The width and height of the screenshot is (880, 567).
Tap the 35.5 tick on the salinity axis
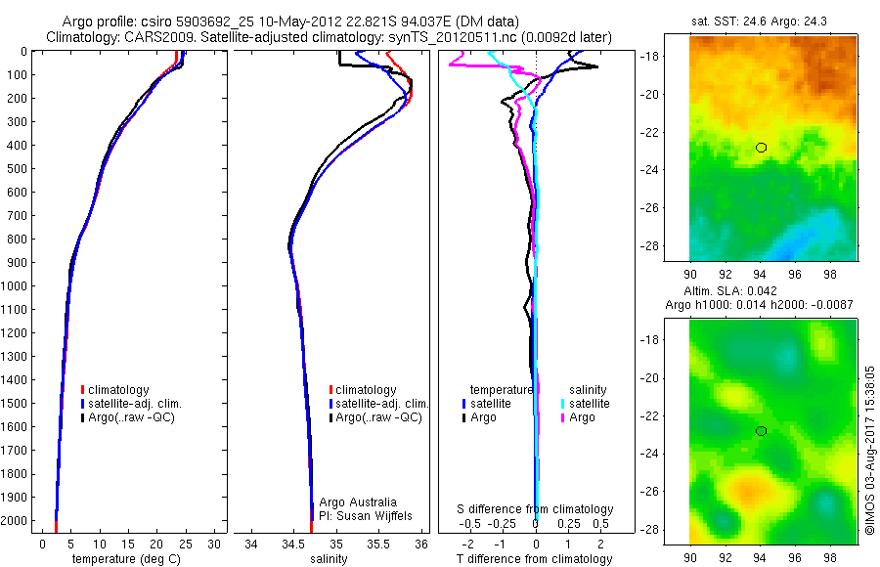tap(379, 545)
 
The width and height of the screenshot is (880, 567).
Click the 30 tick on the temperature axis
tap(213, 545)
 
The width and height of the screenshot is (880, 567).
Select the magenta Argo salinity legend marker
tap(562, 417)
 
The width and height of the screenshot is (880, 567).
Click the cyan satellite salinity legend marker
tap(562, 404)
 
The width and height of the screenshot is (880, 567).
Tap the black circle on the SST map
tap(762, 148)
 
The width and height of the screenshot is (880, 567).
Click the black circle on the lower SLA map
tap(762, 431)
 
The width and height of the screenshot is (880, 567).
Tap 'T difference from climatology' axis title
tap(534, 559)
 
